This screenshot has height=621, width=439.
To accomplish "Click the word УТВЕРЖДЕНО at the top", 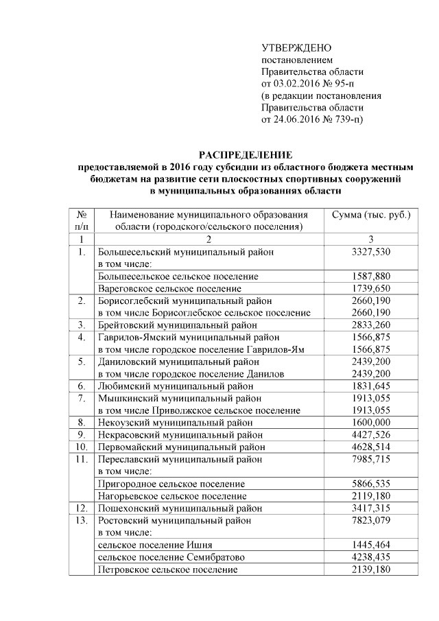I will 296,47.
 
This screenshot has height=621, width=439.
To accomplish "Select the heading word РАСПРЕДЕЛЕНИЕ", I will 246,154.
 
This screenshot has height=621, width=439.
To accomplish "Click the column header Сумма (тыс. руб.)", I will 370,215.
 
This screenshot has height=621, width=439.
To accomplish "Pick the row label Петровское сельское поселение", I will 168,570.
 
